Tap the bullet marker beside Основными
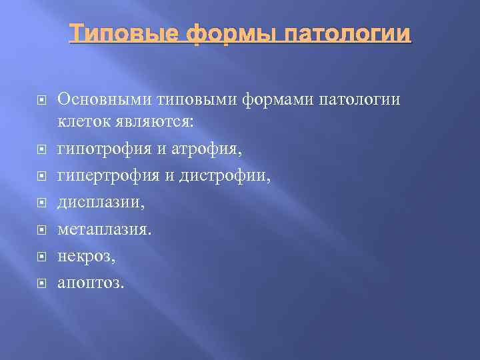tap(41, 100)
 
